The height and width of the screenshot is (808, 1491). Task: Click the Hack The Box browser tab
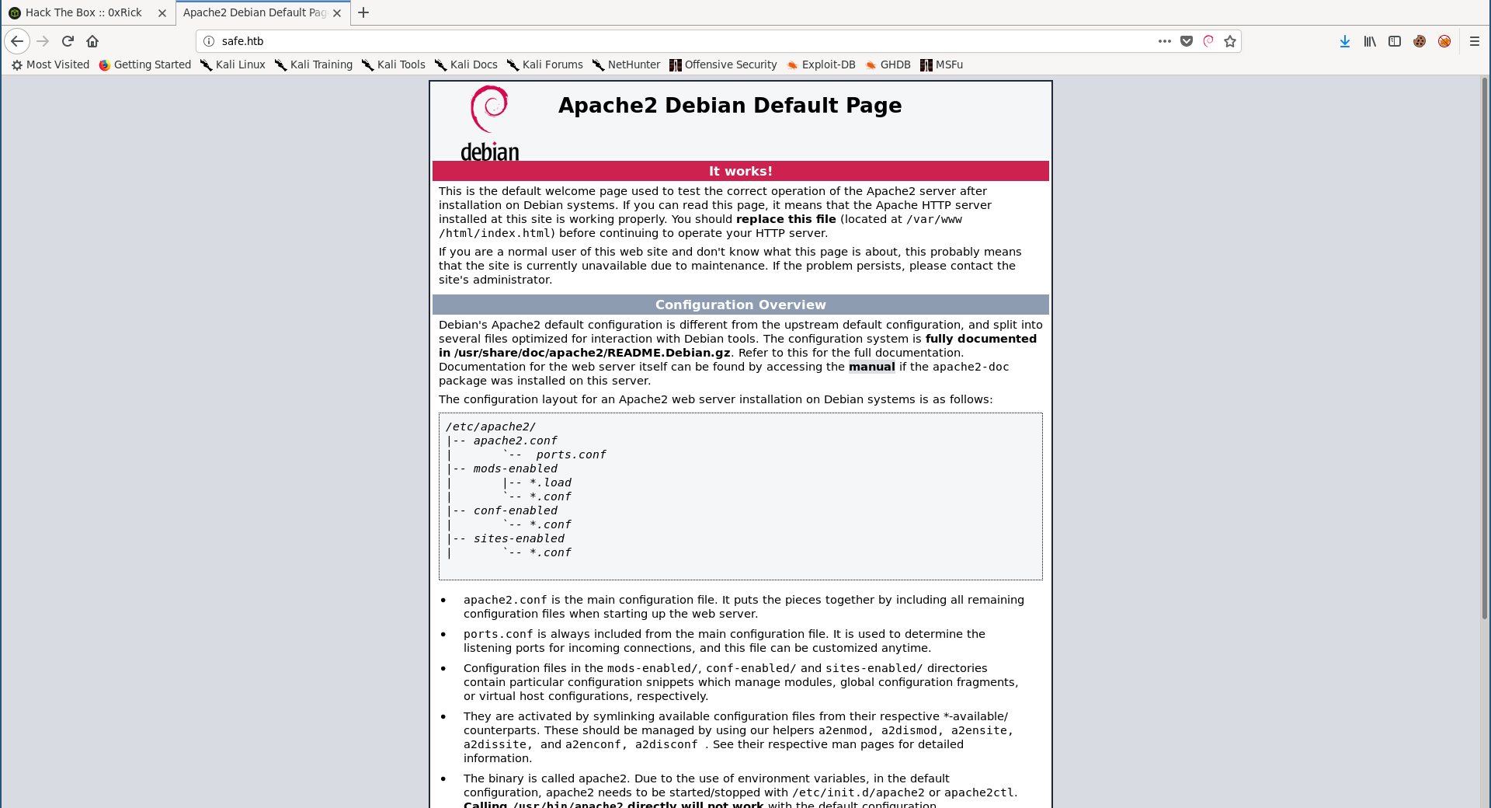coord(83,12)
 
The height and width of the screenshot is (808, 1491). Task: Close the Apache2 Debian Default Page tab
coord(337,13)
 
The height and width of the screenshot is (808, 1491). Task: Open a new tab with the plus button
coord(363,12)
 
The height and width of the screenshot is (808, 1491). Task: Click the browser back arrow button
coord(17,41)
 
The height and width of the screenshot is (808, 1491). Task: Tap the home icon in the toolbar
coord(92,41)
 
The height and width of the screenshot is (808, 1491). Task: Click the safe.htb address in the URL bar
coord(242,41)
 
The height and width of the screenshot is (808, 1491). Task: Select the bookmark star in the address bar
coord(1230,41)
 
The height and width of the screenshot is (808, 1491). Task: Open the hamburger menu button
coord(1475,41)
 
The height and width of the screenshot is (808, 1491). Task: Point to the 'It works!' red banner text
coord(740,171)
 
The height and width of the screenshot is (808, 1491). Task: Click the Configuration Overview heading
coord(740,305)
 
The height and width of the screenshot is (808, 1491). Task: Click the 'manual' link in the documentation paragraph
coord(871,367)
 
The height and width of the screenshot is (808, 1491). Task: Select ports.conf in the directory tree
coord(571,454)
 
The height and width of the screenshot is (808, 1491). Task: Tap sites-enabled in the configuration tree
coord(519,538)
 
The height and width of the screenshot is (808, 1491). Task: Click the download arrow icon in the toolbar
coord(1344,41)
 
